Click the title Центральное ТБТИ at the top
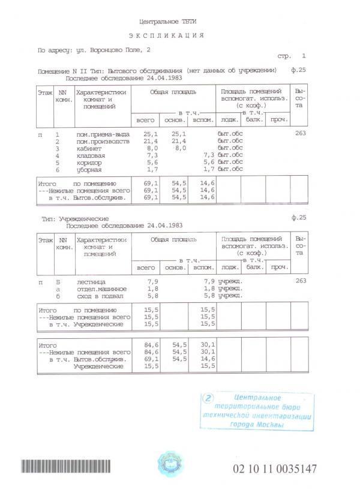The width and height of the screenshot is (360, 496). pyautogui.click(x=167, y=21)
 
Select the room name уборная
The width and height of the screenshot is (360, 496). pyautogui.click(x=88, y=169)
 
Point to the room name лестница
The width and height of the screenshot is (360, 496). pyautogui.click(x=91, y=281)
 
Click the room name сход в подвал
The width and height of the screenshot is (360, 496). pyautogui.click(x=99, y=296)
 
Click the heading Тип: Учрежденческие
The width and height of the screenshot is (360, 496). pyautogui.click(x=79, y=220)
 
